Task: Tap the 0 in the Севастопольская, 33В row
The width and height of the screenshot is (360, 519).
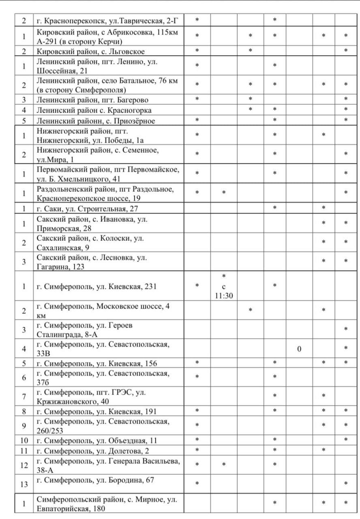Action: click(299, 349)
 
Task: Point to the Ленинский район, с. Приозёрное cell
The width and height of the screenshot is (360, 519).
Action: click(96, 121)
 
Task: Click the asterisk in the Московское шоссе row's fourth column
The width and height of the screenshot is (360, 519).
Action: click(250, 311)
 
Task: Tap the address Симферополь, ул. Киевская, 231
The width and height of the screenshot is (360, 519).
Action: click(96, 287)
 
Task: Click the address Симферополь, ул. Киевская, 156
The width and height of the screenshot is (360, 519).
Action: click(96, 363)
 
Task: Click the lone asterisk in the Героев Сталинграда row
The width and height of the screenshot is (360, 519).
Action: click(345, 330)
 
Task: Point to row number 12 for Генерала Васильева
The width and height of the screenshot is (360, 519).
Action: click(24, 465)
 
